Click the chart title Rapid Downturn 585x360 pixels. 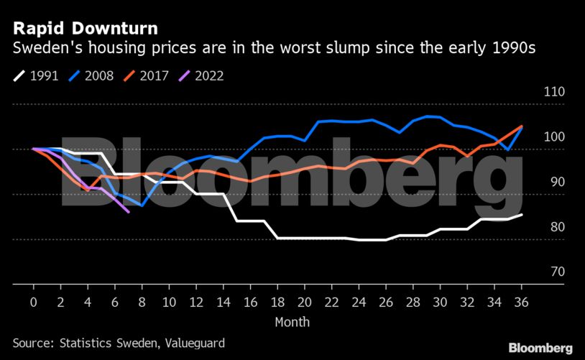[86, 29]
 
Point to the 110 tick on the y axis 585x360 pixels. [536, 93]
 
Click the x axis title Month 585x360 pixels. [292, 321]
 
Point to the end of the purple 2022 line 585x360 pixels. [128, 212]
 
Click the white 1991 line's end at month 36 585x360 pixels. [521, 215]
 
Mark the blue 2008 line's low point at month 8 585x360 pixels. [142, 206]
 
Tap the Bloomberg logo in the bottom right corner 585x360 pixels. [540, 348]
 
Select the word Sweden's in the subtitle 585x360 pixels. [44, 49]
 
